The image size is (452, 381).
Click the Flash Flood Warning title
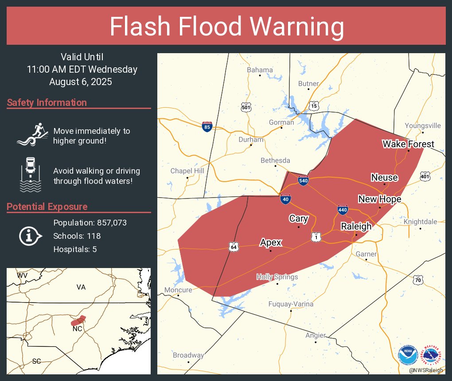(x=226, y=27)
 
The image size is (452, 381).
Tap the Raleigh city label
(x=356, y=226)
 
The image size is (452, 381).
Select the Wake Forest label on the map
(x=408, y=144)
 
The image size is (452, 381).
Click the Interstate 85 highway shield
(x=207, y=127)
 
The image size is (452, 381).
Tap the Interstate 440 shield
(x=343, y=210)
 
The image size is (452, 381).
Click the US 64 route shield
(x=234, y=247)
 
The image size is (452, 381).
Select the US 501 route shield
(x=246, y=107)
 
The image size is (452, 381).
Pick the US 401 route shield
(x=425, y=176)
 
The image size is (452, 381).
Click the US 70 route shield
(x=418, y=280)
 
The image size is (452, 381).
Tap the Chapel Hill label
(x=187, y=171)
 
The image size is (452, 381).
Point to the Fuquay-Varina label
(x=291, y=304)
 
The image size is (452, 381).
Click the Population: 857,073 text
(x=90, y=222)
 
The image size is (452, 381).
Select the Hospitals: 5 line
(x=75, y=249)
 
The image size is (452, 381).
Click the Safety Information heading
(x=47, y=103)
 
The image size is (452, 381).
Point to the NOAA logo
(x=407, y=355)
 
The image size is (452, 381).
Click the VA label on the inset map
(x=81, y=287)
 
